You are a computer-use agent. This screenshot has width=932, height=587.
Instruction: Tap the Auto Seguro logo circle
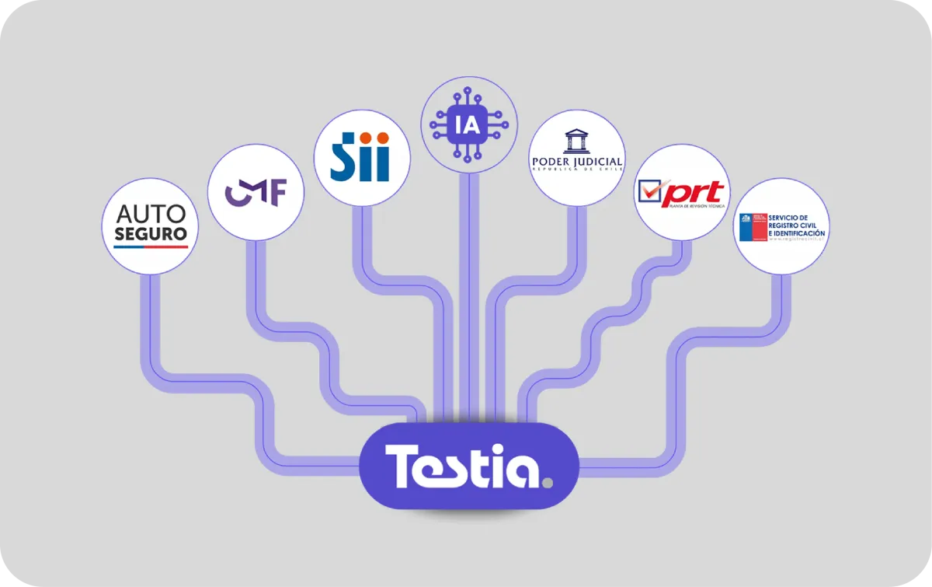(151, 225)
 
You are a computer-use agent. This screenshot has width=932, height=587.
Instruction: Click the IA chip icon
(469, 124)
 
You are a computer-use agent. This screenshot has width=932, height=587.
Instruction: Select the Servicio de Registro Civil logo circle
(781, 226)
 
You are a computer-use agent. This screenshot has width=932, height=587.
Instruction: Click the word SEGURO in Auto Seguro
(151, 233)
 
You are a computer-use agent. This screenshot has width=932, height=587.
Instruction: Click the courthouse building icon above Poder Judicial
(576, 142)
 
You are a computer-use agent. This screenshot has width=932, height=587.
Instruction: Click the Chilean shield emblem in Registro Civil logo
(752, 226)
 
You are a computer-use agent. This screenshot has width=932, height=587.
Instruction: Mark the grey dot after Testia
(548, 482)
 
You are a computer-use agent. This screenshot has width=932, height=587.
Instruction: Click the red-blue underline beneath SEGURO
(151, 246)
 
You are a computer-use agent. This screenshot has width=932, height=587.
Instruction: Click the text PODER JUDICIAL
(576, 162)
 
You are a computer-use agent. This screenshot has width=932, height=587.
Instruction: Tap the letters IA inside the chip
(469, 124)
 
